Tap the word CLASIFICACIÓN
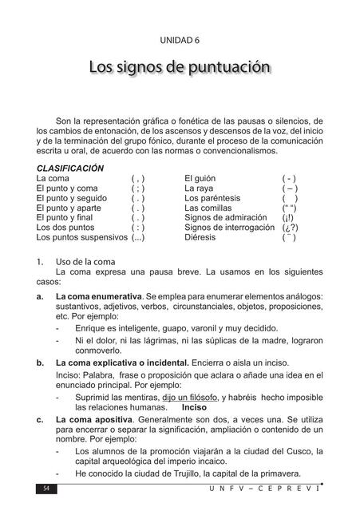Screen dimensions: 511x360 (70, 168)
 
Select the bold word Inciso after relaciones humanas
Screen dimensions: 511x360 (194, 406)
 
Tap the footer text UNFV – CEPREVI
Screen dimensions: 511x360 (280, 487)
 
